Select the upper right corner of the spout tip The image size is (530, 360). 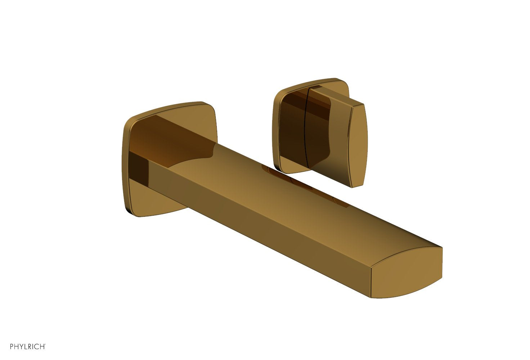tap(441, 248)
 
